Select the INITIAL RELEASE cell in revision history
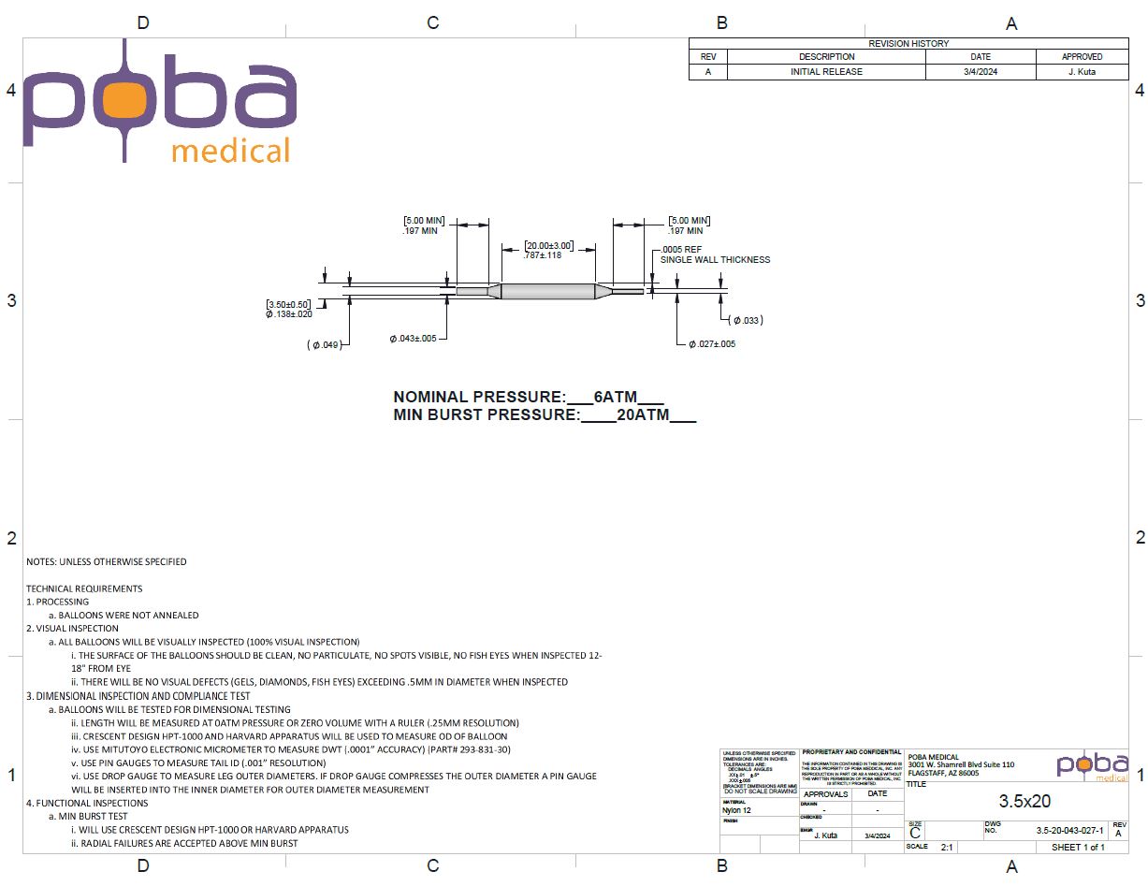826,71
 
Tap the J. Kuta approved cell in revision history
1082,71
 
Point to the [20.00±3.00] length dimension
548,245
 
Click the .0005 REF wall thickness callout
681,250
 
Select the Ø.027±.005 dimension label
712,344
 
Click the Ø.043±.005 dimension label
414,339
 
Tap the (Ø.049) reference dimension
323,345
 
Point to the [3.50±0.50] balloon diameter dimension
289,305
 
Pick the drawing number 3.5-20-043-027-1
1069,831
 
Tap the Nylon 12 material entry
736,810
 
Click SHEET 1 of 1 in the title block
1078,847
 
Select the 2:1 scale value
947,847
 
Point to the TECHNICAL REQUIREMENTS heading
84,588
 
